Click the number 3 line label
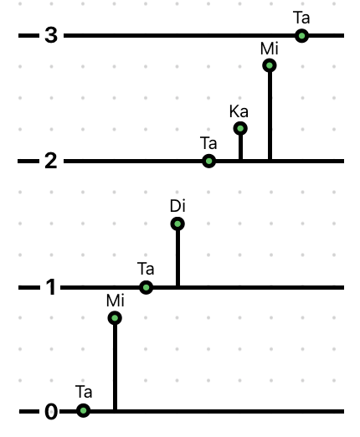pos(51,35)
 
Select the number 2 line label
pos(51,161)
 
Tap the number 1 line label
pos(51,287)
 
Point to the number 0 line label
pos(51,412)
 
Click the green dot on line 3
pos(301,36)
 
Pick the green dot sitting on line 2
pos(208,161)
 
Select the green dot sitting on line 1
pos(146,287)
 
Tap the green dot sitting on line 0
pos(83,410)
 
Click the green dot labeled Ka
pos(240,129)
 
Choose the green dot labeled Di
pos(177,224)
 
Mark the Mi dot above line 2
pos(270,65)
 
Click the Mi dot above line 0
pos(115,318)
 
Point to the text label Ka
pos(239,111)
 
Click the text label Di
pos(177,206)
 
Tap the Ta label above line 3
pos(301,18)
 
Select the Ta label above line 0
pos(84,392)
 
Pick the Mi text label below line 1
pos(116,301)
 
